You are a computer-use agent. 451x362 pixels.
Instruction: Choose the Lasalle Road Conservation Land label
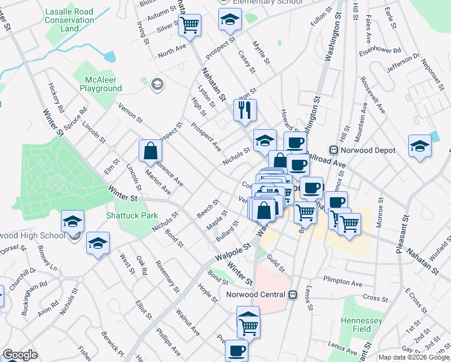(x=69, y=20)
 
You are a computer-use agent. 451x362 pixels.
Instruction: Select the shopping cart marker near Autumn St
(x=190, y=25)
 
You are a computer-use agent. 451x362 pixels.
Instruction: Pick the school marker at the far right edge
(x=420, y=146)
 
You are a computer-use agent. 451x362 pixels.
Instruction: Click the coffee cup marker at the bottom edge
(x=236, y=351)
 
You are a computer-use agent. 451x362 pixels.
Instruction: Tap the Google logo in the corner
(x=20, y=355)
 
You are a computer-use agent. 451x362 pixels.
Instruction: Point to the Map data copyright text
(x=414, y=357)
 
